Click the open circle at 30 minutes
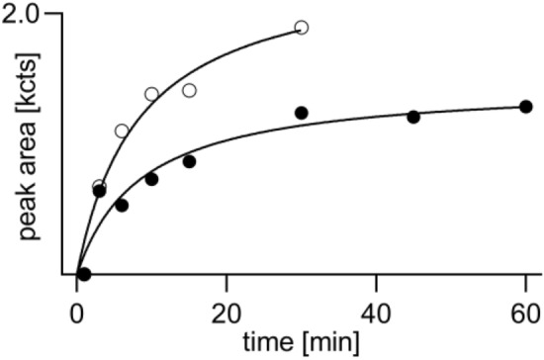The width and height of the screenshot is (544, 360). click(x=302, y=28)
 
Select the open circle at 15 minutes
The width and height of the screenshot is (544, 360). click(x=189, y=91)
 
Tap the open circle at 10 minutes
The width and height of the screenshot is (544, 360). click(x=151, y=94)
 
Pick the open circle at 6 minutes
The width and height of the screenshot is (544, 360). click(x=122, y=131)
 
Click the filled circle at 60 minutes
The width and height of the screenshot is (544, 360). click(x=526, y=106)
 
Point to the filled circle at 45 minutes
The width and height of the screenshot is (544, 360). click(x=413, y=118)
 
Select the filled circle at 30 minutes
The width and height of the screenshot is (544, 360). click(x=302, y=113)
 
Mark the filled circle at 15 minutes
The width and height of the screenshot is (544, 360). click(x=189, y=161)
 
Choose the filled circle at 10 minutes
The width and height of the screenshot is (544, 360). click(x=151, y=179)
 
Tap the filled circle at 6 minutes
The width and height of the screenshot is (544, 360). click(x=122, y=206)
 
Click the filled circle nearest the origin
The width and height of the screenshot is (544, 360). click(x=84, y=274)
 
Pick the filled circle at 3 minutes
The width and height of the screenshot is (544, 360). click(x=99, y=191)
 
